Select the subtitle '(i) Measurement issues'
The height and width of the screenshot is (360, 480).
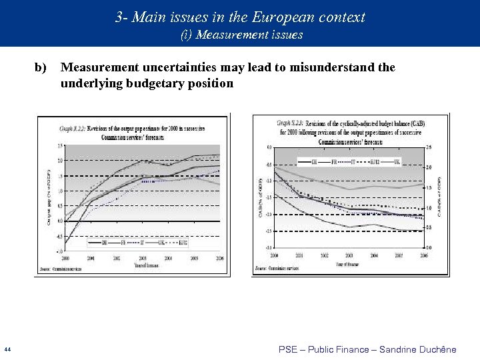pyautogui.click(x=241, y=35)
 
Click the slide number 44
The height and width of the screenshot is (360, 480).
pyautogui.click(x=6, y=349)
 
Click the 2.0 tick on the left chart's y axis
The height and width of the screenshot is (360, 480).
pyautogui.click(x=60, y=161)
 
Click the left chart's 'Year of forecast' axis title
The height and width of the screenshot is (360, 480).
pyautogui.click(x=142, y=265)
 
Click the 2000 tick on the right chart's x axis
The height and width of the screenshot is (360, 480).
pyautogui.click(x=274, y=255)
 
